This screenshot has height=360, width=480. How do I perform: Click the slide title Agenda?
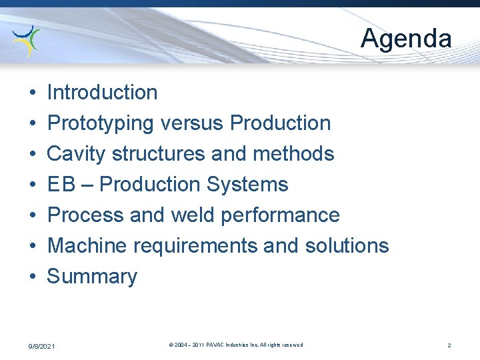(406, 38)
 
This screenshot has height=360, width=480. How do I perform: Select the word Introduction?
(102, 92)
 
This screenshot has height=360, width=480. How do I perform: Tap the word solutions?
(347, 245)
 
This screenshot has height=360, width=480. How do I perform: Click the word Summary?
(92, 276)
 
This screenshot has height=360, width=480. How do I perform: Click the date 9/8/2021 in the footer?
(41, 346)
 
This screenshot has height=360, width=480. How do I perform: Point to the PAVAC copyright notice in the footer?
(236, 345)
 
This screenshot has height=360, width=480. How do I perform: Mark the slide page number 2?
(449, 345)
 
